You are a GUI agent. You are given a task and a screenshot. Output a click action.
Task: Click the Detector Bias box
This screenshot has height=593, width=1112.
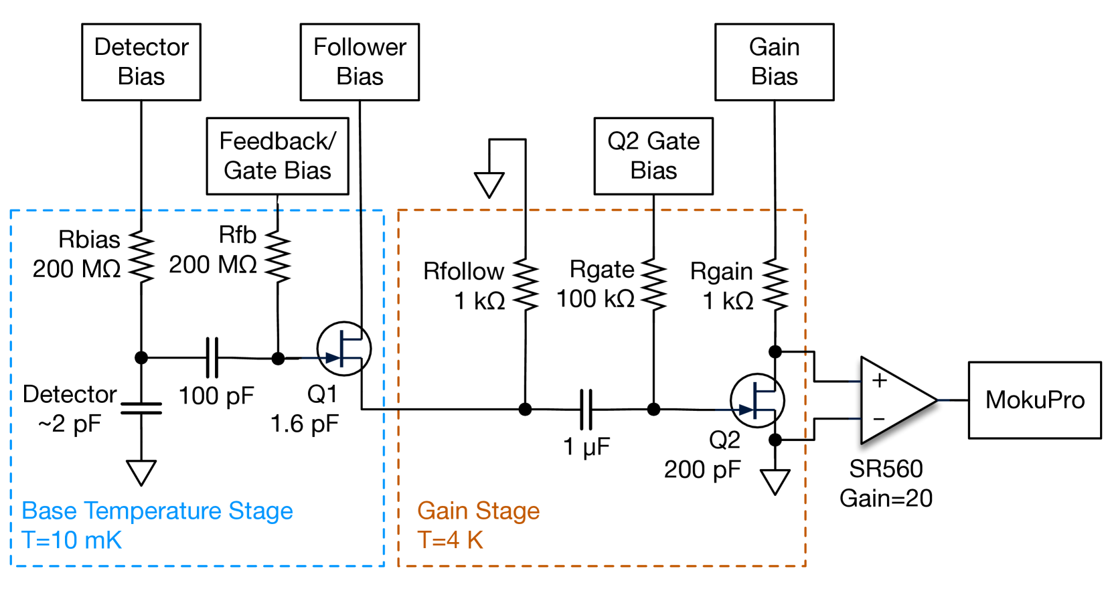(x=141, y=62)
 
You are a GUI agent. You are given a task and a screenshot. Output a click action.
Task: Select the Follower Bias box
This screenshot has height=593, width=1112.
(x=360, y=62)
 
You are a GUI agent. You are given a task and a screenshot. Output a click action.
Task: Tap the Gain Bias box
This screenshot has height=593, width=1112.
(x=774, y=62)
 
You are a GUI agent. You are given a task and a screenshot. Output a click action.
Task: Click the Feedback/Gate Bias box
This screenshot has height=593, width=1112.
(x=277, y=156)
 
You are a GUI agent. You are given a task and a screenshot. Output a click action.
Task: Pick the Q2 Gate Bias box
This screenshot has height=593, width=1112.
(x=653, y=156)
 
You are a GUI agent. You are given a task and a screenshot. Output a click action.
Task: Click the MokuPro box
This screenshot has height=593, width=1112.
(x=1034, y=400)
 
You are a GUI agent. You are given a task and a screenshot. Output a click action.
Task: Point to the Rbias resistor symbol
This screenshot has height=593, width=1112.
(x=141, y=256)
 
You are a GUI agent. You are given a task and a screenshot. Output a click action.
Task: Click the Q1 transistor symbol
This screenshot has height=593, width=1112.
(x=344, y=349)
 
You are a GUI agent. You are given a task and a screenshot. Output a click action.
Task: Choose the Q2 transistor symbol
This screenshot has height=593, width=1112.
(x=757, y=401)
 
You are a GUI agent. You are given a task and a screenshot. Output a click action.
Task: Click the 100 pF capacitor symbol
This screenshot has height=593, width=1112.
(x=212, y=358)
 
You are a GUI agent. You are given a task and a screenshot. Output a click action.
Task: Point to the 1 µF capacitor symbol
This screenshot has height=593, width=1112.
(x=586, y=409)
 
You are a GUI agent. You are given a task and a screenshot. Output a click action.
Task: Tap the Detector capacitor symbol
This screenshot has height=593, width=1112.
(x=141, y=408)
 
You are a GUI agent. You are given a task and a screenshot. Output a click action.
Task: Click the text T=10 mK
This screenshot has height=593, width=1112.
(x=72, y=539)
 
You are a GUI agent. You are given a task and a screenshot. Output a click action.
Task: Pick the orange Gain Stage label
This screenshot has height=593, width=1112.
(x=478, y=511)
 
